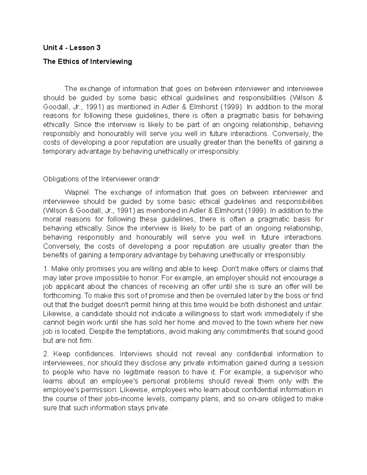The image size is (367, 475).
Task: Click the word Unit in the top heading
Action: [x=49, y=48]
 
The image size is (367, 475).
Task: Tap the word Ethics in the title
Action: [x=68, y=61]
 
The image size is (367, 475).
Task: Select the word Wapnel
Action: [x=78, y=192]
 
